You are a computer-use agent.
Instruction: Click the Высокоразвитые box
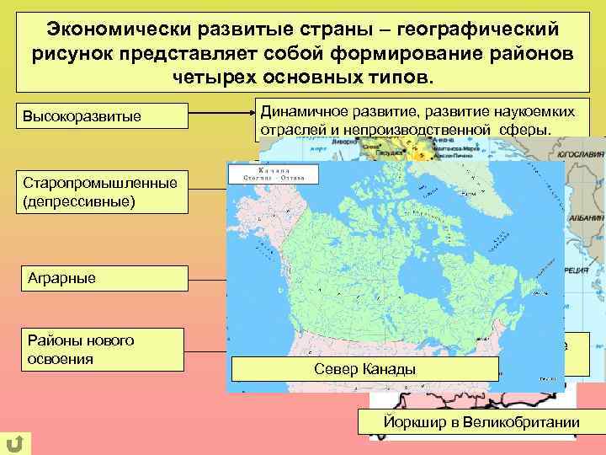[x=99, y=115]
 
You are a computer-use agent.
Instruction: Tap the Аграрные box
[x=99, y=278]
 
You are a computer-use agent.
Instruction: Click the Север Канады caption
[x=364, y=370]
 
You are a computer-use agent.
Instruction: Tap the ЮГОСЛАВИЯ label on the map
[x=582, y=155]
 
